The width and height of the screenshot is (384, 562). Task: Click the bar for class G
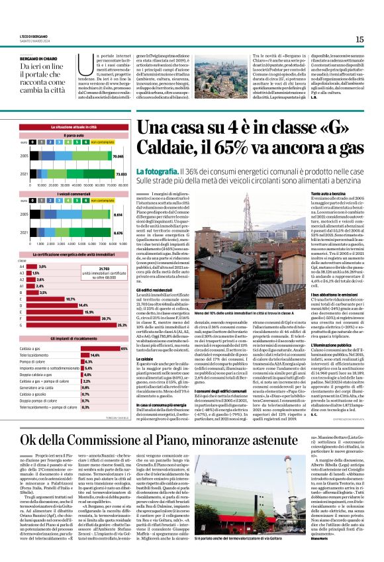point(73,325)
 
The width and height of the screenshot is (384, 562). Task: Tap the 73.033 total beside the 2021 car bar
point(119,173)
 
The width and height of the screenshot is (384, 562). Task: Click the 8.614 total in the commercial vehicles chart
point(119,214)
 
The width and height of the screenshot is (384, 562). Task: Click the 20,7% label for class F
point(105,318)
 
